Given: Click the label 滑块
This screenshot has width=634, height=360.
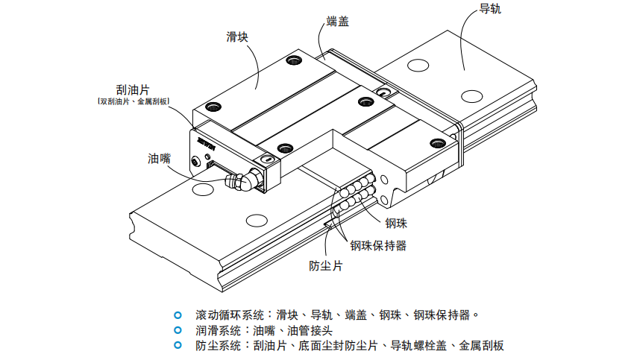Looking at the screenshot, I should [x=237, y=37].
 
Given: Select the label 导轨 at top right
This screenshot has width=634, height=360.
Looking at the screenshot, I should [x=489, y=10].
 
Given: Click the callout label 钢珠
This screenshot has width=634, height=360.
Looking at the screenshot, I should [x=396, y=222].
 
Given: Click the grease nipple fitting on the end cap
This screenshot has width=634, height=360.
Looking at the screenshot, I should [x=244, y=182].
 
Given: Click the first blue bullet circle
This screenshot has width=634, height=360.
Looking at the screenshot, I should [x=177, y=315].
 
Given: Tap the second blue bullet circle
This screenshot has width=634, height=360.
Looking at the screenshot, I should [x=177, y=329].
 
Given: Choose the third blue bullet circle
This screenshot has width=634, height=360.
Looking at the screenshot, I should [x=177, y=345].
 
